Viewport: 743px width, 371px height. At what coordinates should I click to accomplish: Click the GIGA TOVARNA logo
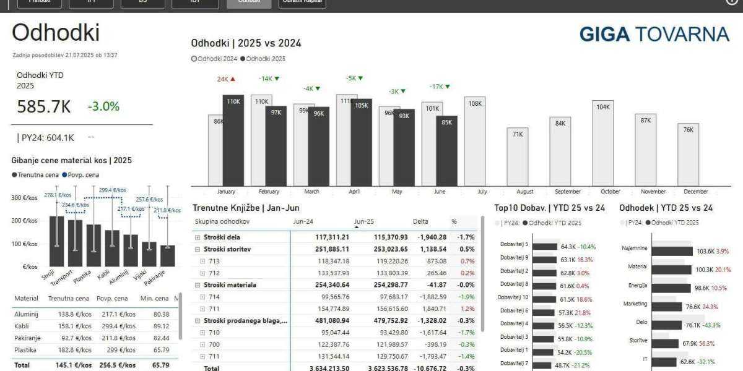(654, 34)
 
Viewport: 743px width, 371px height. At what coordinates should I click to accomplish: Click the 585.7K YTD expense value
(44, 107)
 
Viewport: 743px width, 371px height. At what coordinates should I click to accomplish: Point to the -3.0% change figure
(103, 106)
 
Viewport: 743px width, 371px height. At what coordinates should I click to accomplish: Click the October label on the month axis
(610, 192)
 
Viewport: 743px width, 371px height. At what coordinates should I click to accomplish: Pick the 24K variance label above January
(223, 79)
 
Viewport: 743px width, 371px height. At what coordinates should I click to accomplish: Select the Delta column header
(420, 221)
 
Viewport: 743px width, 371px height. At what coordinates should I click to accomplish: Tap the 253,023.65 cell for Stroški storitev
(386, 249)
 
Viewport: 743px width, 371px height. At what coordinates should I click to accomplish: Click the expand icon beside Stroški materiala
(198, 285)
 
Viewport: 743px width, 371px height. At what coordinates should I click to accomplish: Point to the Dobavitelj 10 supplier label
(514, 297)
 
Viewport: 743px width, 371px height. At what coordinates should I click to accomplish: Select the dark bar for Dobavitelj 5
(545, 246)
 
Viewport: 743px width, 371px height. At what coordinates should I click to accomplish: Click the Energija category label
(637, 286)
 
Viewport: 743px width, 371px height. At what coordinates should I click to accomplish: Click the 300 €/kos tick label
(25, 197)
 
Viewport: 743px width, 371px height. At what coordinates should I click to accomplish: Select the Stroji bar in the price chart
(56, 241)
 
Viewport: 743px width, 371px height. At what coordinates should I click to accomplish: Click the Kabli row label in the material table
(22, 326)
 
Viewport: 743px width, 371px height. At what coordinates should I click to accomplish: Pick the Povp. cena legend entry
(81, 175)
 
